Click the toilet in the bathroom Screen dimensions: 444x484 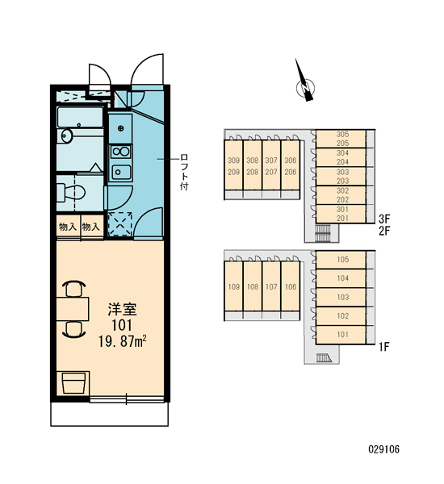[71, 193]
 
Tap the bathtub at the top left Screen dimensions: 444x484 [80, 117]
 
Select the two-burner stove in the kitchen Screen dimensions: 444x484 [121, 152]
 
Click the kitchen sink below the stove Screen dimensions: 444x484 [121, 173]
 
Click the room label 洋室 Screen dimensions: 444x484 [122, 309]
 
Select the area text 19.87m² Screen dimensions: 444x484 [123, 342]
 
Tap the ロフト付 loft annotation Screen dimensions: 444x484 [184, 172]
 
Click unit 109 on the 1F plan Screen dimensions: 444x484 [233, 286]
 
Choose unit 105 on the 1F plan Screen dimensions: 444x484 [342, 260]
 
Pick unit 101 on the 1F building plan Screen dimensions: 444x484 [342, 335]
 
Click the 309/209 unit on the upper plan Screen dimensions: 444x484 [233, 166]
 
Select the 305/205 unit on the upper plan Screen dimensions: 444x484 [341, 139]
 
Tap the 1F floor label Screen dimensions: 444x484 [384, 347]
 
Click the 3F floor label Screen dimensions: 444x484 [385, 219]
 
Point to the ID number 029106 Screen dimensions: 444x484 [383, 449]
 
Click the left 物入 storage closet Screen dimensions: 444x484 [68, 227]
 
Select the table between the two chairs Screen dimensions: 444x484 [73, 309]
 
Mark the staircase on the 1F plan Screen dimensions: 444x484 [324, 358]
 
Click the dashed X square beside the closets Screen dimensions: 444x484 [120, 224]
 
